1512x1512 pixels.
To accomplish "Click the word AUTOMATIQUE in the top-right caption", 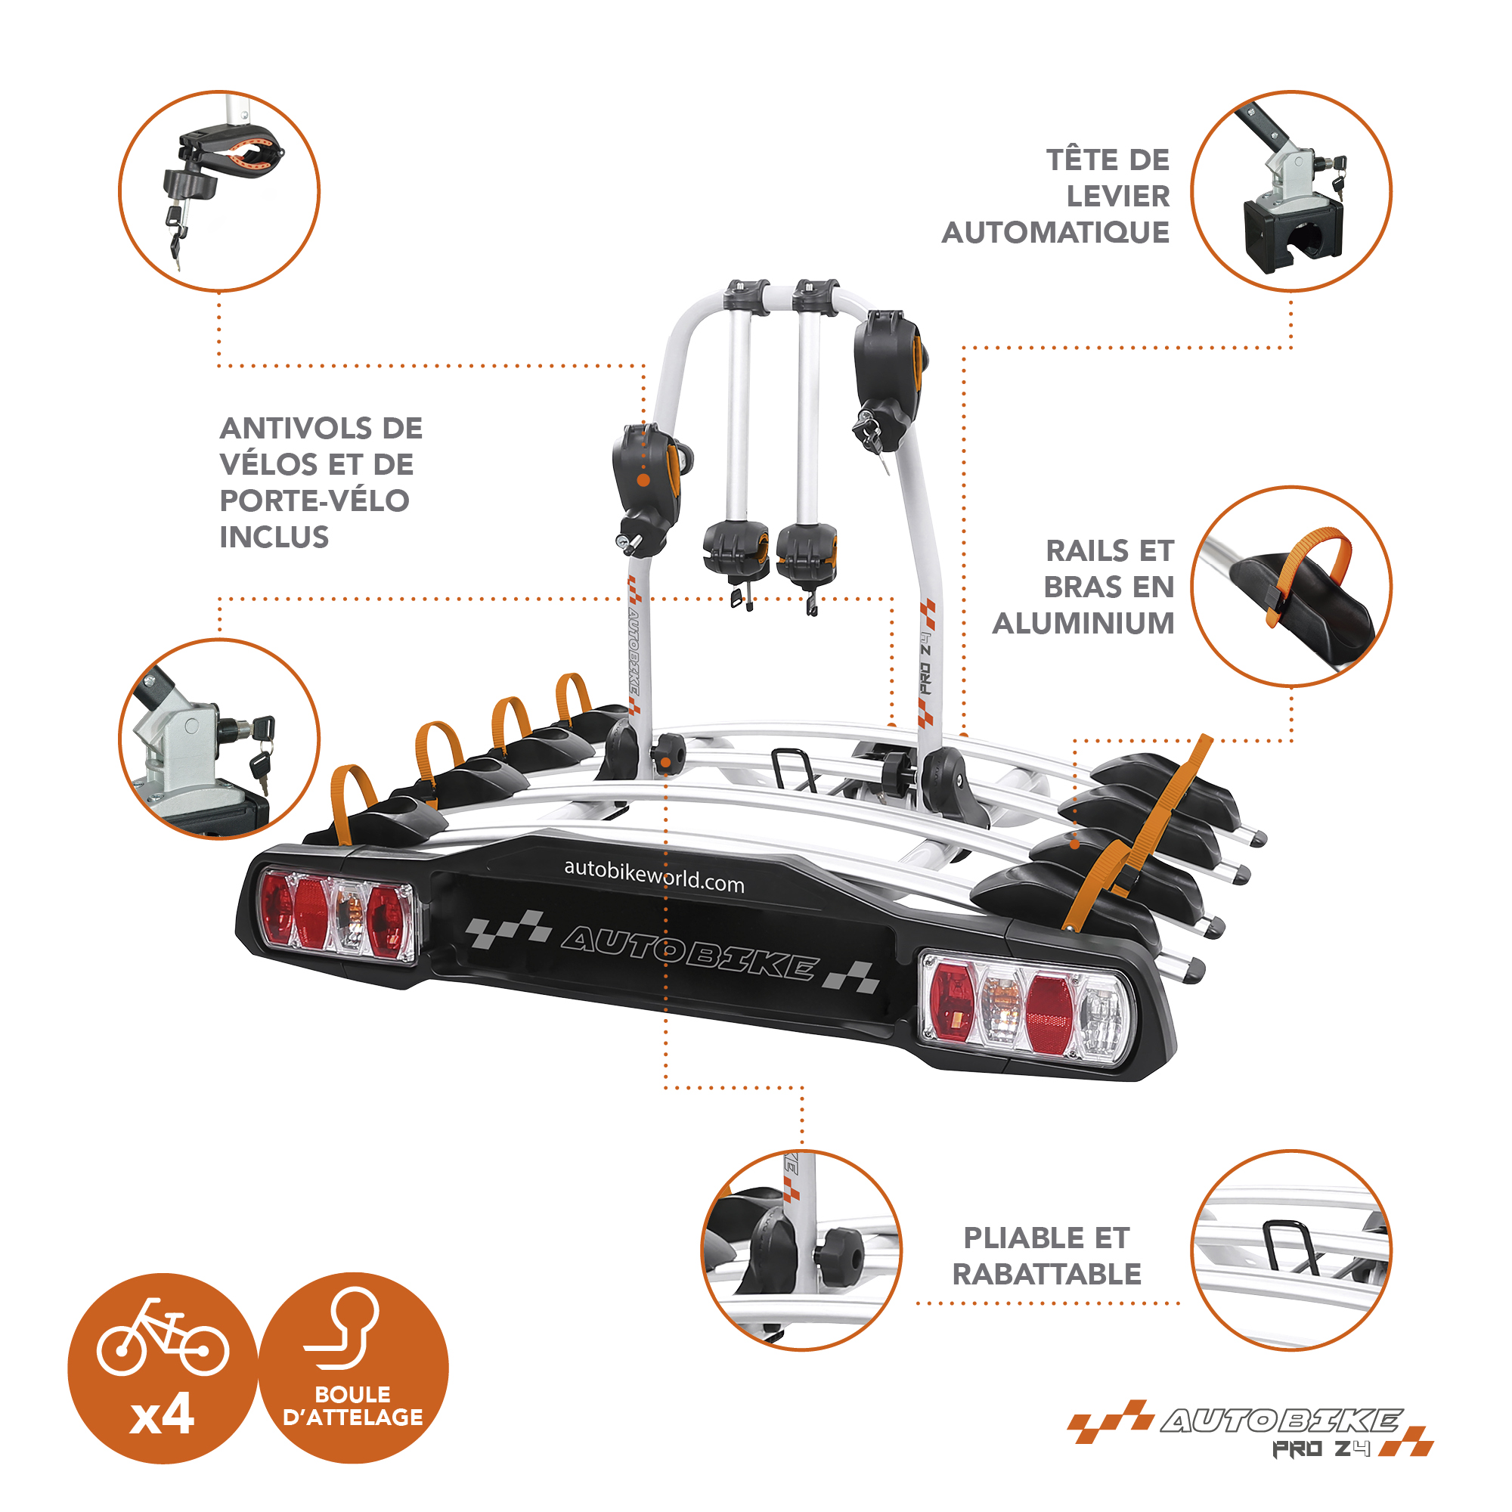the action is pyautogui.click(x=1055, y=233).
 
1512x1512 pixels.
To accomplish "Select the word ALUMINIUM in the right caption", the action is pyautogui.click(x=1083, y=624).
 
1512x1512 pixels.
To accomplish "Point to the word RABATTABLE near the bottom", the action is pyautogui.click(x=1046, y=1274).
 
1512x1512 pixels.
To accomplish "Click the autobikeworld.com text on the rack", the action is pyautogui.click(x=654, y=875).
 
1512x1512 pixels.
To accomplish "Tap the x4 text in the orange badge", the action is pyautogui.click(x=162, y=1415).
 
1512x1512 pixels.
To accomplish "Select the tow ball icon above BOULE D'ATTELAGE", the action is pyautogui.click(x=342, y=1329).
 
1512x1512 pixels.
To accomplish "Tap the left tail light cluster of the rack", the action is pyautogui.click(x=337, y=913).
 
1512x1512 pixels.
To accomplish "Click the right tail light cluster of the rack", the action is pyautogui.click(x=1026, y=1009).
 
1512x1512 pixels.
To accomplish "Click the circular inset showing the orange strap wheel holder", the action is pyautogui.click(x=1291, y=587).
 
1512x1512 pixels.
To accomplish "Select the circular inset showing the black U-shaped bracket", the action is pyautogui.click(x=1291, y=1250).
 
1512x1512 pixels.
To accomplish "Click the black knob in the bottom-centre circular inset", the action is pyautogui.click(x=839, y=1253).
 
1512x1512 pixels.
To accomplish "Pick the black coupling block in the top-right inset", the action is pyautogui.click(x=1292, y=231).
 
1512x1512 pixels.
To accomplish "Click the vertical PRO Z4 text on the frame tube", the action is pyautogui.click(x=927, y=662).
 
